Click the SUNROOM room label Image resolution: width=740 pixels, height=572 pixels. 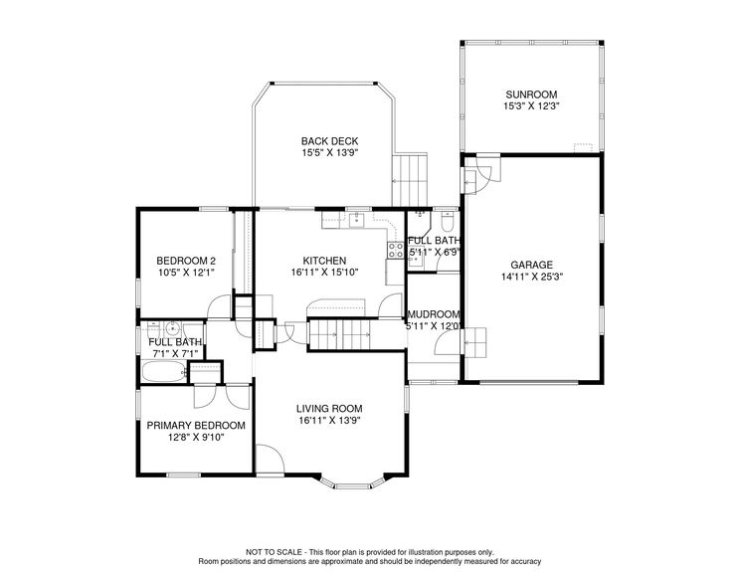tap(531, 95)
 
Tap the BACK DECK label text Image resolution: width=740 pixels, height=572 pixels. tap(329, 141)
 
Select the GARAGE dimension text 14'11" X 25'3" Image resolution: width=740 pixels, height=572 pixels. tap(531, 277)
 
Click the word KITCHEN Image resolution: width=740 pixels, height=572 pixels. tap(324, 261)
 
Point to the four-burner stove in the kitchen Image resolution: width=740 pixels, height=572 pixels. tap(396, 250)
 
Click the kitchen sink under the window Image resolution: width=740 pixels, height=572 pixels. tap(357, 220)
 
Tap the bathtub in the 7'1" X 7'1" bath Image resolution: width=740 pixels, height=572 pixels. tap(162, 372)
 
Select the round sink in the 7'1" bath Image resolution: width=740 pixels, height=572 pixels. tap(173, 326)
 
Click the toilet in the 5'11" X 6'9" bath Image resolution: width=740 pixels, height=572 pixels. tap(447, 220)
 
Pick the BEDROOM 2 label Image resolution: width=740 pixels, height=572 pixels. tap(186, 261)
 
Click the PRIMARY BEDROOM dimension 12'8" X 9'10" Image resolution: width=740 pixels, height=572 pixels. tap(196, 438)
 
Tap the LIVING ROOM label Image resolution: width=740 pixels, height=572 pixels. tap(329, 409)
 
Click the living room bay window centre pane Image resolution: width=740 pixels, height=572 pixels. tap(353, 484)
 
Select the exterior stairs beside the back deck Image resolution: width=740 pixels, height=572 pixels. tap(410, 180)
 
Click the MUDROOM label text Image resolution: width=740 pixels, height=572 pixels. tap(434, 314)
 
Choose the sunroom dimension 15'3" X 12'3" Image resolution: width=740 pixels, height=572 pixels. tap(531, 106)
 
